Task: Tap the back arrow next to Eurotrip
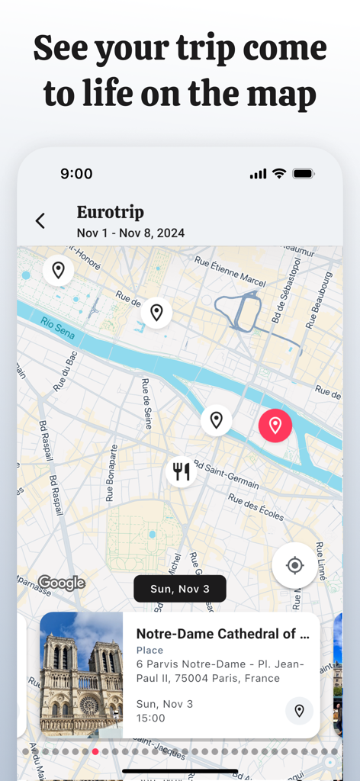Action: tap(40, 221)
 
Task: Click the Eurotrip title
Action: tap(111, 212)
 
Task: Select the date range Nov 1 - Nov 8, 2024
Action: tap(130, 233)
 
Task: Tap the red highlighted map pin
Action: tap(275, 425)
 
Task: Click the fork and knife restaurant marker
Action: tap(181, 471)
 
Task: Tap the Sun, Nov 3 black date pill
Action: tap(180, 589)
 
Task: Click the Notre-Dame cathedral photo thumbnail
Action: tap(82, 674)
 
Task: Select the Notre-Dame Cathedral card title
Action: tap(223, 634)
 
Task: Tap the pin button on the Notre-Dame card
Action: tap(299, 711)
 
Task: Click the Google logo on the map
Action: tap(62, 583)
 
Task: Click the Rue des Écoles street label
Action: tap(256, 507)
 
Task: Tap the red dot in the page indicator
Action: tap(95, 751)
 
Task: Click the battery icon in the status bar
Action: tap(303, 174)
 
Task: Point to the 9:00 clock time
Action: tap(76, 174)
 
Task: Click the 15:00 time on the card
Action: tap(151, 718)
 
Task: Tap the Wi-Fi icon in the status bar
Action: tap(279, 174)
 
